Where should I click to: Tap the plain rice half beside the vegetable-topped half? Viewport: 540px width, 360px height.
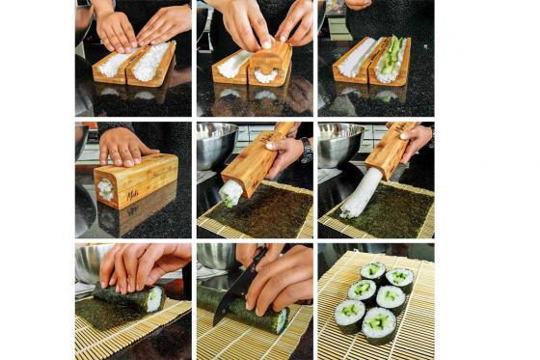coord(359,58)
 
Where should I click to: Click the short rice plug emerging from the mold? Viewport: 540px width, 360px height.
coord(231,192)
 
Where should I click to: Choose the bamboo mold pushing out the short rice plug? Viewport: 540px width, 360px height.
coord(256,157)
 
